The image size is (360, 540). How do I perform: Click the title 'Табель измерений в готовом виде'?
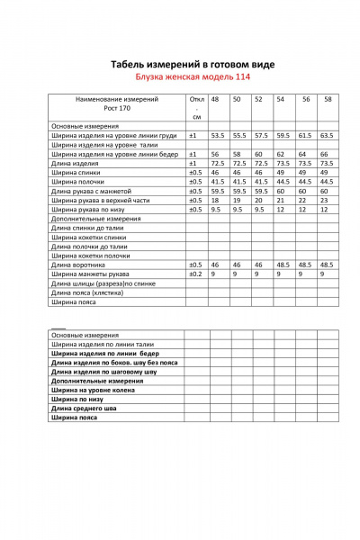point(180,65)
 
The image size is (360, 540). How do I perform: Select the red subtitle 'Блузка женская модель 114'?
point(180,77)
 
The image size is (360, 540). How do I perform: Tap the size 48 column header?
point(215,98)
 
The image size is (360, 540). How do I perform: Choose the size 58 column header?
point(327,98)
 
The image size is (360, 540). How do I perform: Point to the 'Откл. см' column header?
point(195,107)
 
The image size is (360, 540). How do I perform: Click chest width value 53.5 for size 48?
point(217,135)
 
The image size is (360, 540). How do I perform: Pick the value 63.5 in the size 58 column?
point(327,135)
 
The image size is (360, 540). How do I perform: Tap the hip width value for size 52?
point(259,154)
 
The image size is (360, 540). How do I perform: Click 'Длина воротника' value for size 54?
point(281,265)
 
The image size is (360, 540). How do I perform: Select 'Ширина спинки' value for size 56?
point(303,173)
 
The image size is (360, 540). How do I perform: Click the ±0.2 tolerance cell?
point(194,274)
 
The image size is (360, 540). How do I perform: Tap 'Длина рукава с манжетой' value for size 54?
point(281,192)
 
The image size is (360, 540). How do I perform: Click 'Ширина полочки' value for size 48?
point(217,182)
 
